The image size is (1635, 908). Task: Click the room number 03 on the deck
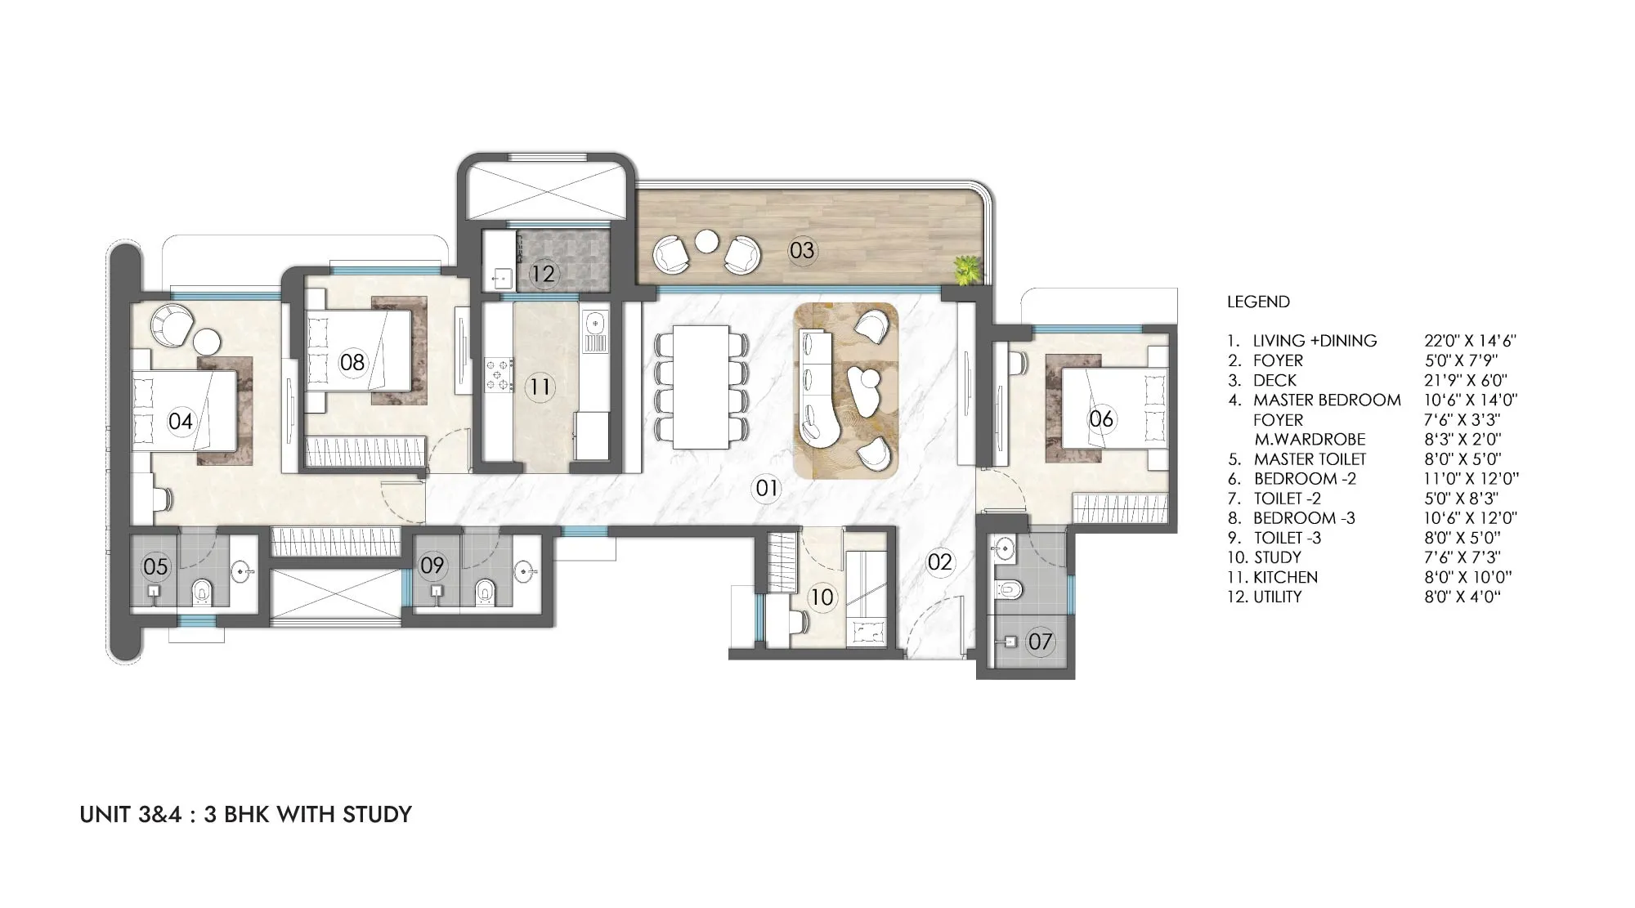point(802,249)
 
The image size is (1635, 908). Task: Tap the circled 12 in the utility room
point(543,273)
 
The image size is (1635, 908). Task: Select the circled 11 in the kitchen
point(540,385)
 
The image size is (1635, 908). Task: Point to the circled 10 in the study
point(822,597)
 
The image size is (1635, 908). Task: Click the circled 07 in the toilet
point(1040,642)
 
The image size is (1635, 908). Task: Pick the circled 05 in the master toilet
point(155,566)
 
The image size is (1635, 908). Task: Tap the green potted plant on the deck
point(966,270)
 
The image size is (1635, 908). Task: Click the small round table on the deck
point(706,241)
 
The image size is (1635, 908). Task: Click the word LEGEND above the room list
point(1258,302)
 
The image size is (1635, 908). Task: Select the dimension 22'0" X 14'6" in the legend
point(1470,341)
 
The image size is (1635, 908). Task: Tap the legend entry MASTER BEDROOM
point(1327,400)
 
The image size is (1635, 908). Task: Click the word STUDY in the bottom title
point(377,814)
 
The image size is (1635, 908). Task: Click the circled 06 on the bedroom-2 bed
point(1101,418)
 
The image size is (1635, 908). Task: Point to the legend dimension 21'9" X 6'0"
point(1465,380)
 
